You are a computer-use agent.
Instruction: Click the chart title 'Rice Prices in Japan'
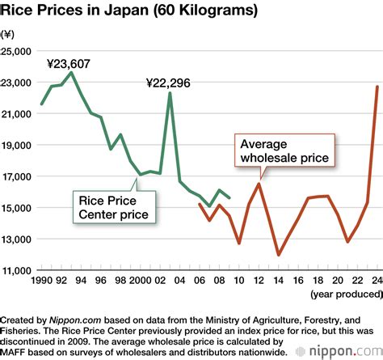point(129,11)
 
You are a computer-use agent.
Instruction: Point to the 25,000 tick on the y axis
point(16,51)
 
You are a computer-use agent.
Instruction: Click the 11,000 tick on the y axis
point(16,270)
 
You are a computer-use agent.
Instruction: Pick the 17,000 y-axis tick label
point(16,176)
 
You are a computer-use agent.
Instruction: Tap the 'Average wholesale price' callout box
point(284,150)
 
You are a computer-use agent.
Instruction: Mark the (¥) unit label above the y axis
point(9,34)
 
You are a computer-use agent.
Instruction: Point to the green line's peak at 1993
point(71,73)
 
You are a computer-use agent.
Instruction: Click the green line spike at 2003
point(170,93)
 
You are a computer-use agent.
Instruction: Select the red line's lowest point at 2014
point(279,255)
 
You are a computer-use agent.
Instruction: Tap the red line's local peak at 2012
point(259,184)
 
